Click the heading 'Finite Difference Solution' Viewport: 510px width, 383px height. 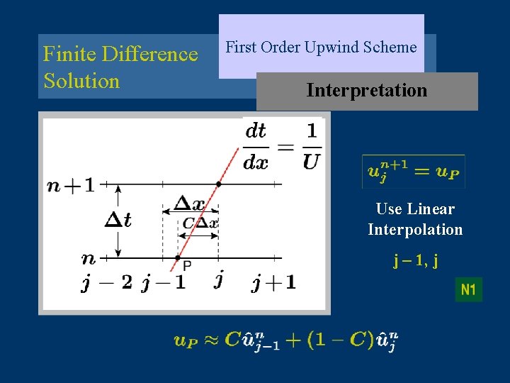click(120, 67)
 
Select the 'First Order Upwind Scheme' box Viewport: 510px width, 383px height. click(321, 48)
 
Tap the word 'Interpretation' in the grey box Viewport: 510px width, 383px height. click(366, 91)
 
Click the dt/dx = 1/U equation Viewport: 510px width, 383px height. click(281, 145)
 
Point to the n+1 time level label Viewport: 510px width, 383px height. click(70, 185)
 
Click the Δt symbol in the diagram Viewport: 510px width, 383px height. click(118, 220)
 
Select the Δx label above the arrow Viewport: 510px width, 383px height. click(189, 204)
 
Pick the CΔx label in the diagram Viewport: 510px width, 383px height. click(200, 223)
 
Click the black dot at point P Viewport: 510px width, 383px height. click(178, 257)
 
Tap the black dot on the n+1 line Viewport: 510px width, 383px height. click(218, 184)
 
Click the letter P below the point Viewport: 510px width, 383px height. click(187, 267)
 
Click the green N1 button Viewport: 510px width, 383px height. click(468, 289)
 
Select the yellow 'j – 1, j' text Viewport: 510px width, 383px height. click(415, 261)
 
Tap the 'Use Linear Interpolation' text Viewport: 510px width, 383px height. click(415, 219)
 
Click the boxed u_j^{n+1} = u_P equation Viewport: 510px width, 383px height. click(414, 172)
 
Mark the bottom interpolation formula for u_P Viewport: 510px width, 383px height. click(285, 340)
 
